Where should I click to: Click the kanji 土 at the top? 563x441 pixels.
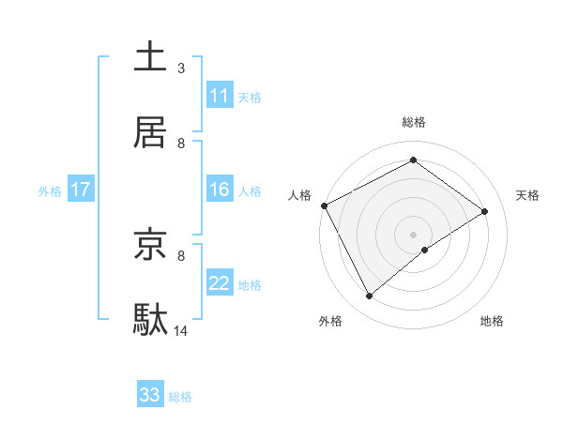click(150, 57)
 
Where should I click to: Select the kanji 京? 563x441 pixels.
click(150, 245)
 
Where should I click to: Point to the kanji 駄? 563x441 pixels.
click(150, 320)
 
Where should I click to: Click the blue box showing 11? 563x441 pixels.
click(220, 96)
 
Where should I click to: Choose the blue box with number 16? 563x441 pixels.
click(220, 190)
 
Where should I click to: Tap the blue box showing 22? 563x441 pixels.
click(220, 283)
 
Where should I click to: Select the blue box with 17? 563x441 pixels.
click(81, 190)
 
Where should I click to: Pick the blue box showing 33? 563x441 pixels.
click(150, 395)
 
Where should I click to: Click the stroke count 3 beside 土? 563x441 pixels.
click(181, 68)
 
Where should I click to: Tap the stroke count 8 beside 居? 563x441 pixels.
click(181, 144)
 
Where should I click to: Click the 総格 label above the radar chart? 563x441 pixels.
click(414, 122)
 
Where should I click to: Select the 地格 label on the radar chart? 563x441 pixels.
click(492, 322)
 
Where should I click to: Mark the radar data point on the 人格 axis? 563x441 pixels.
click(324, 205)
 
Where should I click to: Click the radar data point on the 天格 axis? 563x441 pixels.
click(485, 211)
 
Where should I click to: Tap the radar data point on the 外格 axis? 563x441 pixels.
click(370, 297)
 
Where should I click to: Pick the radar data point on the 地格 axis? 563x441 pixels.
click(425, 250)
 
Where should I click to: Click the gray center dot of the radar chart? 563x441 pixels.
click(414, 234)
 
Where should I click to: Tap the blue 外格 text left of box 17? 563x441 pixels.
click(50, 191)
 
